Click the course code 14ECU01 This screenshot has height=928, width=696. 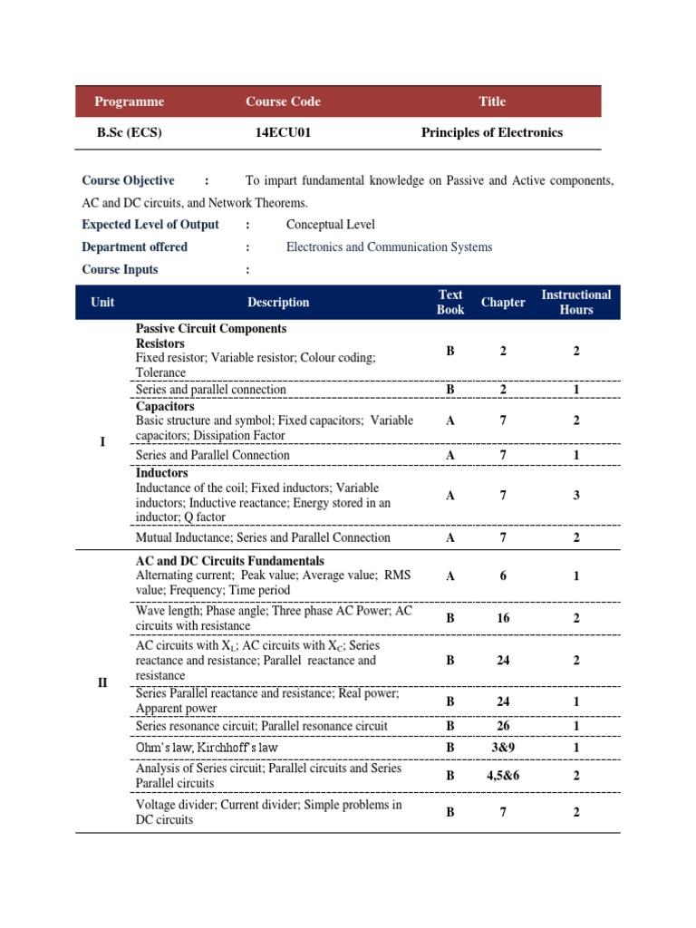click(284, 132)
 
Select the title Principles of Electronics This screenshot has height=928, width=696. click(492, 132)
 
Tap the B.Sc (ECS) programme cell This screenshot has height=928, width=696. click(130, 132)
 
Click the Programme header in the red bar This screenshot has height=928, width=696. click(130, 101)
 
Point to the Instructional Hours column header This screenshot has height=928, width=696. click(576, 302)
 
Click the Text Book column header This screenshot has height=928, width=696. click(450, 302)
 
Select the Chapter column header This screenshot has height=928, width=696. click(503, 302)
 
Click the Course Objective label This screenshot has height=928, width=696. click(128, 180)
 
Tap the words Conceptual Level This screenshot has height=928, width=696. click(330, 225)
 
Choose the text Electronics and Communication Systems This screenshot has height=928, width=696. click(389, 246)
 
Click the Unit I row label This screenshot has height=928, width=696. click(102, 442)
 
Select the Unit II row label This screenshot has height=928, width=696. click(102, 682)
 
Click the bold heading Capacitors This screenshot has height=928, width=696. click(165, 406)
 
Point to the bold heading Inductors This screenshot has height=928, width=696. click(162, 473)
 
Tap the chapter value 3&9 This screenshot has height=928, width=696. click(503, 748)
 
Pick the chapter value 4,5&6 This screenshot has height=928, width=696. click(503, 776)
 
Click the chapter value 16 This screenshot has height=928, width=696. click(503, 618)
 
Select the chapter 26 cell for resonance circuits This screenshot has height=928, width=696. click(503, 726)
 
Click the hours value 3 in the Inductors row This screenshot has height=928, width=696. click(576, 495)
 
